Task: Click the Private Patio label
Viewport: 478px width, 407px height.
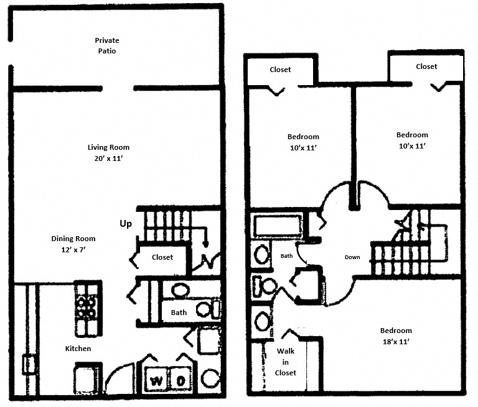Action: pyautogui.click(x=107, y=45)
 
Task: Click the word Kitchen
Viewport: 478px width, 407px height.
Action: pyautogui.click(x=78, y=349)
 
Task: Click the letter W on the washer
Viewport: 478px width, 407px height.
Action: pyautogui.click(x=156, y=380)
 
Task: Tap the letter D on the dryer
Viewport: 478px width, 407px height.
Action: pyautogui.click(x=179, y=380)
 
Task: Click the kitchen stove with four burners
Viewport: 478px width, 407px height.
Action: pyautogui.click(x=87, y=301)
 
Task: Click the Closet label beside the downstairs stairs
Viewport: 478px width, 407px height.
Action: pyautogui.click(x=162, y=257)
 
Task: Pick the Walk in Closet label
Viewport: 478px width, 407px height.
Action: pyautogui.click(x=286, y=362)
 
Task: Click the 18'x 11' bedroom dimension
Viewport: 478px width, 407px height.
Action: pyautogui.click(x=397, y=342)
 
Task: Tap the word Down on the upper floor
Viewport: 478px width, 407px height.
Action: pyautogui.click(x=352, y=257)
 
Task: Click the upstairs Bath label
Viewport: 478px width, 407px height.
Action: pyautogui.click(x=286, y=255)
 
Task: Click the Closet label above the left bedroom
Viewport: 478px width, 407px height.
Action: pyautogui.click(x=280, y=70)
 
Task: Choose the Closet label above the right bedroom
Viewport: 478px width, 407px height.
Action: pyautogui.click(x=426, y=66)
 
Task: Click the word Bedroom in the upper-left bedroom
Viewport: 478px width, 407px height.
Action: pyautogui.click(x=303, y=137)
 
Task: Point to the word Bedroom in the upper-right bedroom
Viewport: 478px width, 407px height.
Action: pyautogui.click(x=412, y=135)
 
